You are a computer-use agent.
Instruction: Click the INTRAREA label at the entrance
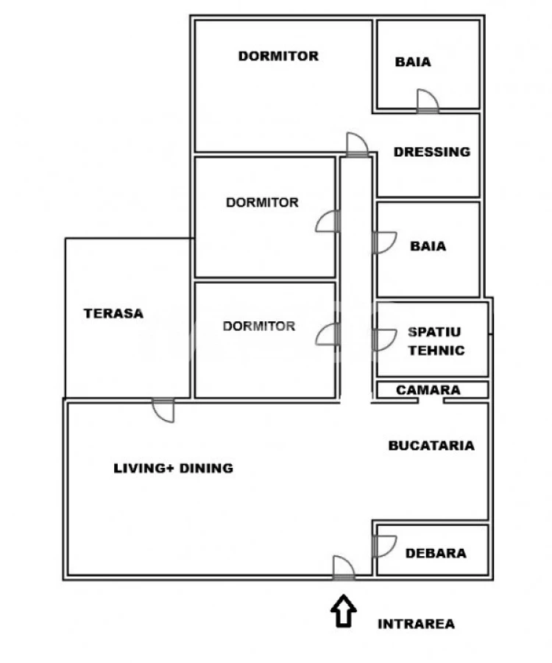(x=416, y=624)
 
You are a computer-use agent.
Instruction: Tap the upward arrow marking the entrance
(x=343, y=612)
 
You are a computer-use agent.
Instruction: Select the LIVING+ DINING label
(x=173, y=468)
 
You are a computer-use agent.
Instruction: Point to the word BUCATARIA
(x=431, y=445)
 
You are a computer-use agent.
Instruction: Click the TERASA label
(x=113, y=313)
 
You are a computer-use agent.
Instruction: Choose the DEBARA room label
(x=436, y=552)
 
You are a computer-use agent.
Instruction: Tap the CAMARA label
(x=428, y=390)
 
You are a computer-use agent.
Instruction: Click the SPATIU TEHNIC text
(x=436, y=341)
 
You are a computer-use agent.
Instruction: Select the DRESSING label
(x=431, y=152)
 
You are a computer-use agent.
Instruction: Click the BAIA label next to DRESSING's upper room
(x=413, y=63)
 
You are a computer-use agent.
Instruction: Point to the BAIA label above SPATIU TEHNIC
(x=428, y=246)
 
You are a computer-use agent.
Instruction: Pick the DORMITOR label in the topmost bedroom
(x=278, y=56)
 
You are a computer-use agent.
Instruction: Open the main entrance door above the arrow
(x=343, y=567)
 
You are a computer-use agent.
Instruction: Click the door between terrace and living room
(x=163, y=410)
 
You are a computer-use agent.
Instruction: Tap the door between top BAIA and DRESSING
(x=427, y=101)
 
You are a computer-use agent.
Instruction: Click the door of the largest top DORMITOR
(x=356, y=144)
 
